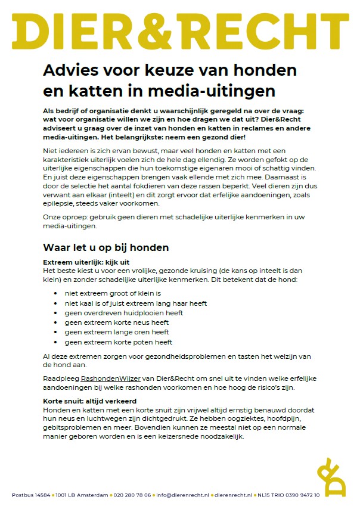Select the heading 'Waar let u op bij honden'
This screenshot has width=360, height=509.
pos(106,247)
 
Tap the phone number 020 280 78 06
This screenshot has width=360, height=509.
pos(132,495)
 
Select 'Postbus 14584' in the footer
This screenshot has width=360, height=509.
pos(29,495)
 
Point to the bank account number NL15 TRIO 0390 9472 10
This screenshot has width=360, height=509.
pos(288,495)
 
